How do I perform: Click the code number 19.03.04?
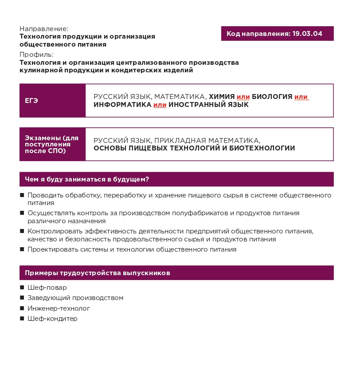[x=307, y=34]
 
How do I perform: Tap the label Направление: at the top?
[x=44, y=28]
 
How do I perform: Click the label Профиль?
[x=36, y=55]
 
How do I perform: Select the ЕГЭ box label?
[x=31, y=101]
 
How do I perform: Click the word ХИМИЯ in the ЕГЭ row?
[x=222, y=97]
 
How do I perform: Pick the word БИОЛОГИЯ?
[x=272, y=97]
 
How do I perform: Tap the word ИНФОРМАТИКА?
[x=122, y=105]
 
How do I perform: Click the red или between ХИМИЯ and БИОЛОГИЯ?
[x=243, y=97]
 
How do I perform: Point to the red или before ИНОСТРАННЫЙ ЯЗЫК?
[x=160, y=105]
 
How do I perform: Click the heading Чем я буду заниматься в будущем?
[x=87, y=179]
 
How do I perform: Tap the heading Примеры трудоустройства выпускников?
[x=98, y=273]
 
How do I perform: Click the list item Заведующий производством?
[x=75, y=298]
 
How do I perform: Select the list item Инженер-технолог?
[x=59, y=308]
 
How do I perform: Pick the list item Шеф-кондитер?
[x=52, y=319]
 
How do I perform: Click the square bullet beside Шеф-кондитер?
[x=22, y=319]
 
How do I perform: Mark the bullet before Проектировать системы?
[x=22, y=249]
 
